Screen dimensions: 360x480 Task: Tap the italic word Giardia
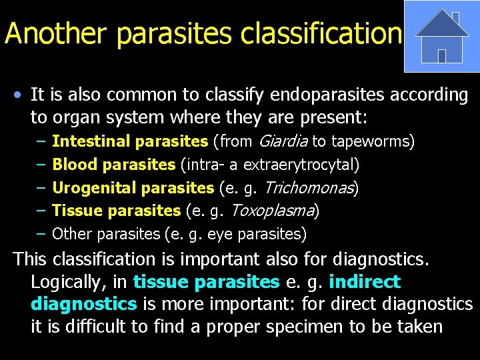pos(283,141)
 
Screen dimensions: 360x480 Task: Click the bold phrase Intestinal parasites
pos(130,141)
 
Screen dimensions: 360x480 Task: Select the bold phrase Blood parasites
pos(113,165)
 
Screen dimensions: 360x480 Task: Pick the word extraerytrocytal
pos(301,165)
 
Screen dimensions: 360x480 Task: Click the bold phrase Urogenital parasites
pos(133,188)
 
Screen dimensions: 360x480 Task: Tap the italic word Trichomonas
pos(311,188)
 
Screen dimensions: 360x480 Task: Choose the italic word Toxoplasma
pos(273,211)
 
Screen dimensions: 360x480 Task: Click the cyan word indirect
pos(364,281)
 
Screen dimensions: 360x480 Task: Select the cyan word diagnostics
pos(83,304)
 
